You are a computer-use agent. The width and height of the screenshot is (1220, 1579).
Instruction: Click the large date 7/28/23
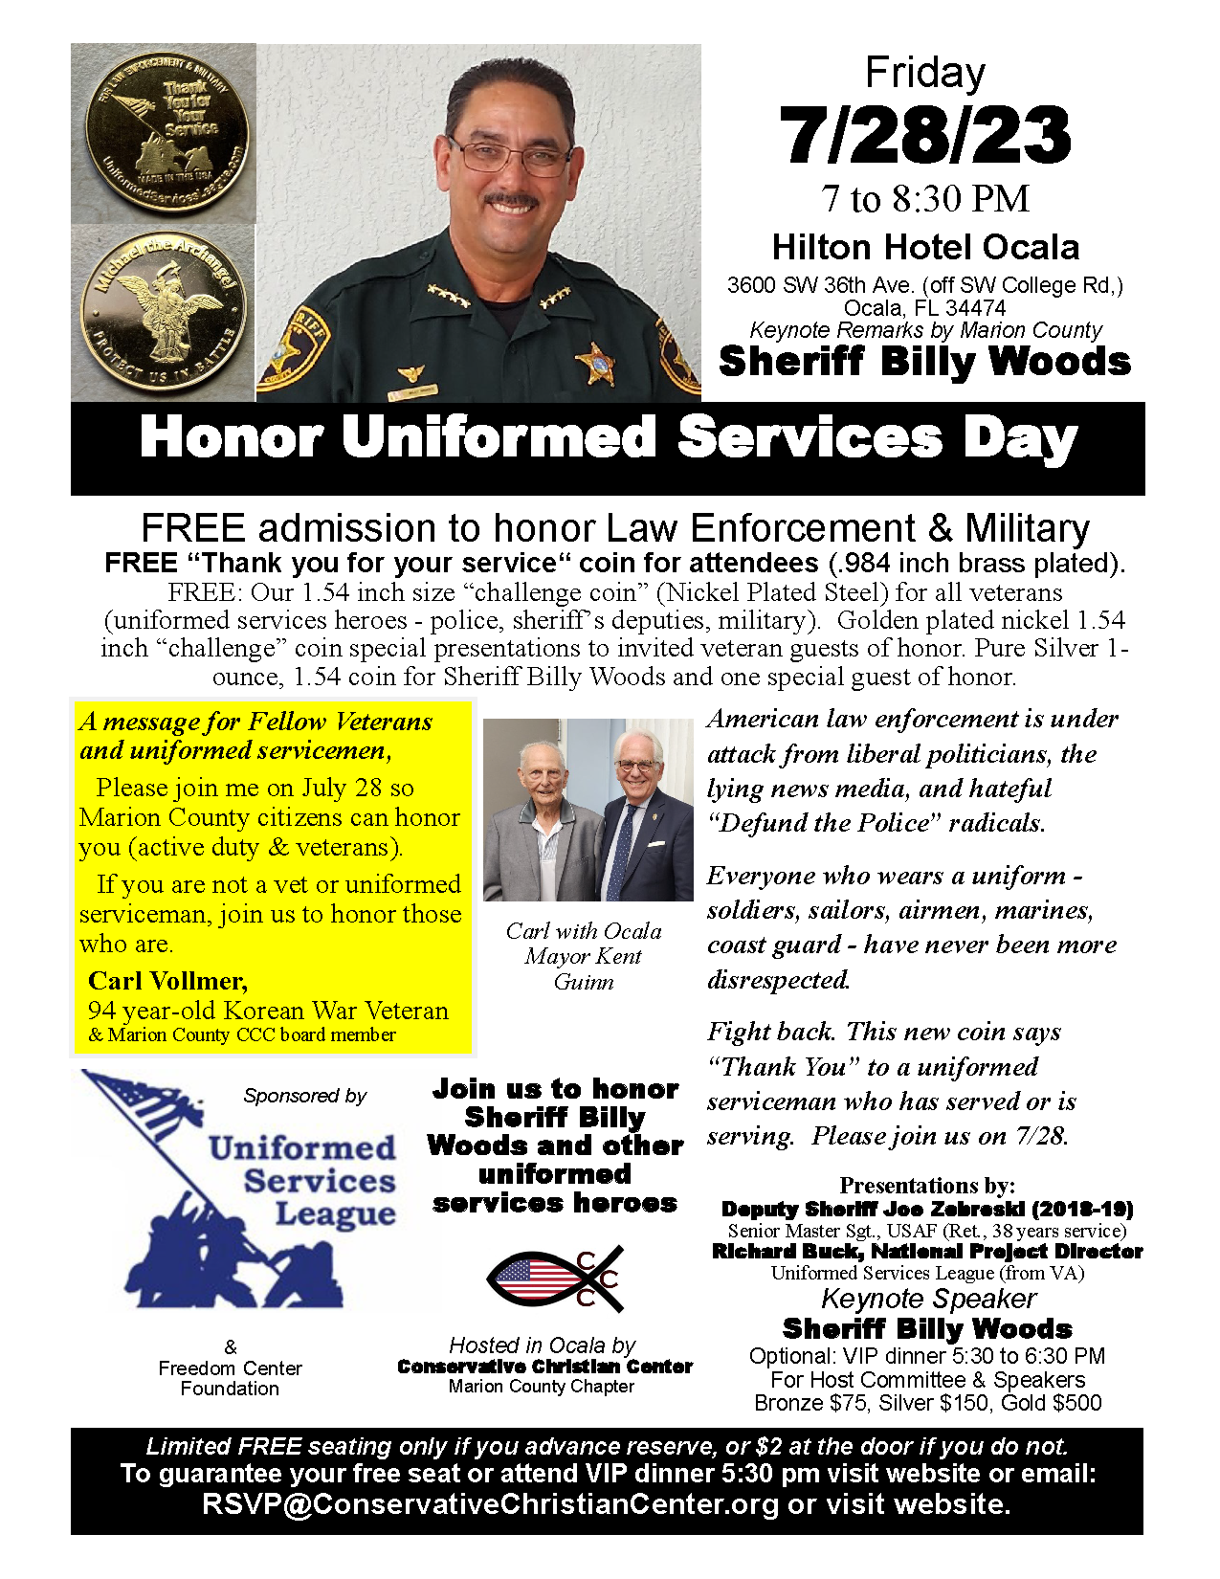point(924,135)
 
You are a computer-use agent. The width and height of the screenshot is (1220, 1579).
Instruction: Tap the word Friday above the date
point(924,74)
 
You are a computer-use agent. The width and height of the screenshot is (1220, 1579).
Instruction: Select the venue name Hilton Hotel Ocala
point(925,248)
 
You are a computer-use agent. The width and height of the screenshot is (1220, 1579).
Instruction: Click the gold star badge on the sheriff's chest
point(595,364)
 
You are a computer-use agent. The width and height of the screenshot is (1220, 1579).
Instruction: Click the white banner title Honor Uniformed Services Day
point(609,438)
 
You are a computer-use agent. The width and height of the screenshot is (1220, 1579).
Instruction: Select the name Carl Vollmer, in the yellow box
point(167,981)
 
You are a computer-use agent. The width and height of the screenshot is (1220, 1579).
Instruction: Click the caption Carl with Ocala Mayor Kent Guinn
point(584,956)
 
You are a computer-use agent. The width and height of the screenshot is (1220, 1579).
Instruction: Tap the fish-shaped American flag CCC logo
point(555,1278)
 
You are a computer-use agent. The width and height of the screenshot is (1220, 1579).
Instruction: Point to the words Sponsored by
point(304,1096)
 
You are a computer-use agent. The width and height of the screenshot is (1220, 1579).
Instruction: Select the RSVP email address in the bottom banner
point(490,1504)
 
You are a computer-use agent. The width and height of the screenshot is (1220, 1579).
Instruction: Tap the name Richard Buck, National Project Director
point(927,1252)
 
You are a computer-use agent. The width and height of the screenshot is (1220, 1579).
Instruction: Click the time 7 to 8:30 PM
point(924,199)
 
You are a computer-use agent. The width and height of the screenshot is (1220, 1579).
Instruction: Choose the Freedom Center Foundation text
point(230,1378)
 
